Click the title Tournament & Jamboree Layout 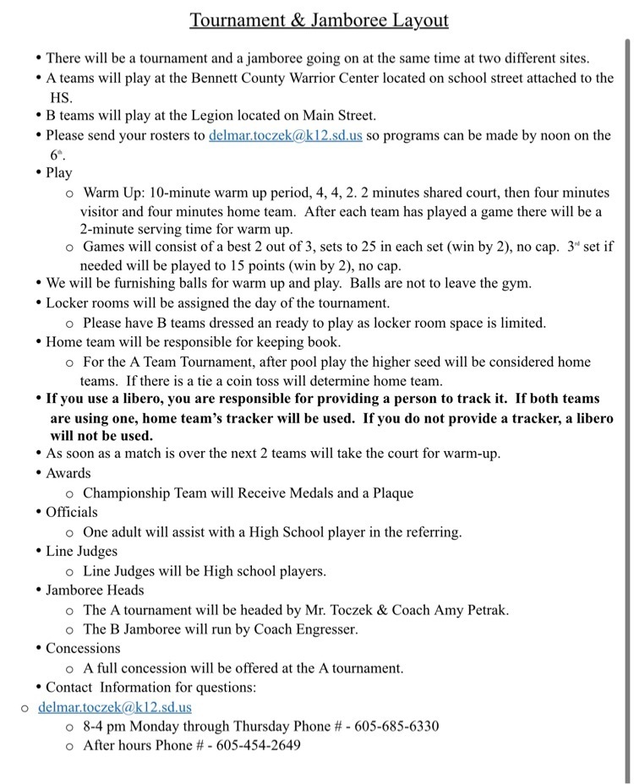point(319,19)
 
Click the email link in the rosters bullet point(285,135)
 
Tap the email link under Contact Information point(115,707)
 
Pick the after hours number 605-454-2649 point(258,746)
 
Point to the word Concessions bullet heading point(83,649)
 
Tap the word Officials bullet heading point(72,512)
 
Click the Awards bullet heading point(68,473)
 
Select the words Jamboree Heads point(95,591)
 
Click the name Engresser point(325,629)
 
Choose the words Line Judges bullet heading point(81,552)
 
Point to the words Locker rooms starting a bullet point(87,302)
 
